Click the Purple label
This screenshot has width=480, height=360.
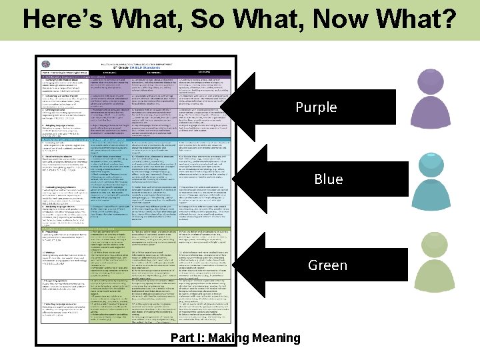(316, 107)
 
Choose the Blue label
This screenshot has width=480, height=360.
(328, 179)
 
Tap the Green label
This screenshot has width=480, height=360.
(327, 265)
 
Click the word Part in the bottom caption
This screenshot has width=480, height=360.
(183, 338)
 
